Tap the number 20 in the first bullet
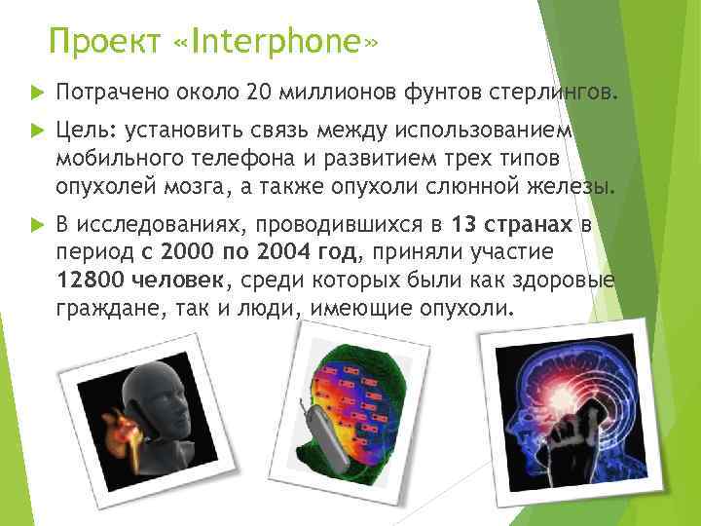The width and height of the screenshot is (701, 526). (x=259, y=92)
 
